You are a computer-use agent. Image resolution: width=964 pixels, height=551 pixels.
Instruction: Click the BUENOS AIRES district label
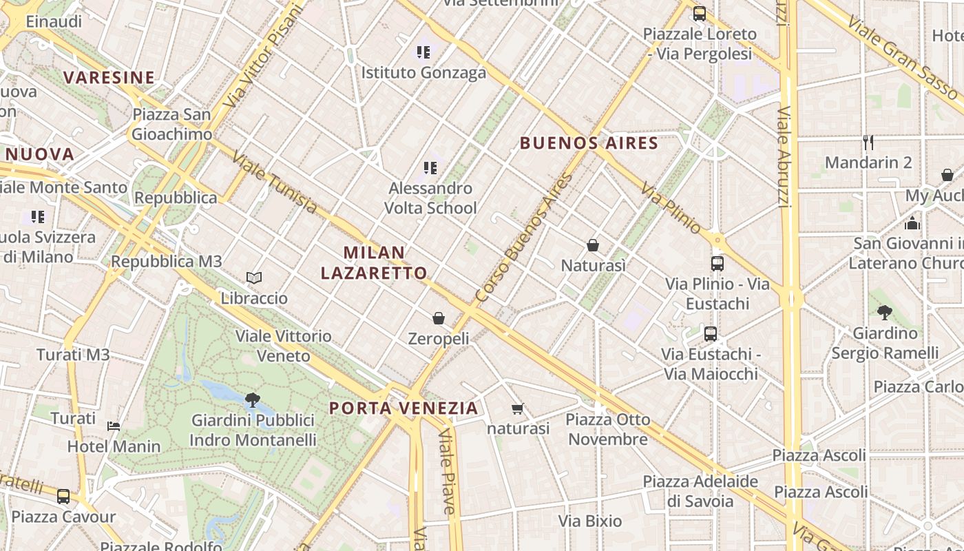coord(589,143)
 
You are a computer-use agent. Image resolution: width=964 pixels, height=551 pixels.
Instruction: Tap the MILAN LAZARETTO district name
coord(374,262)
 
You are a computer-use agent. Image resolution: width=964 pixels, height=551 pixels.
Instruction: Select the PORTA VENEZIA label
coord(404,408)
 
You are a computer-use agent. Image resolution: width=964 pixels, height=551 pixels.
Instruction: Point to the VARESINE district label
coord(109,77)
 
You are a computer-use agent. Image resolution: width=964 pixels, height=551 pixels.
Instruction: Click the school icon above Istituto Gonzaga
coord(423,52)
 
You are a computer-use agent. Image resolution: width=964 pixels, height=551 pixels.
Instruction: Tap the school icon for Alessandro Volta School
coord(430,167)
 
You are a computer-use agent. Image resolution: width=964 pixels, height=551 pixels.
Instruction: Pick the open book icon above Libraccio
coord(254,278)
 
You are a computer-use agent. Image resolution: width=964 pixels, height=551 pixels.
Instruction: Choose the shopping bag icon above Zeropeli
coord(439,318)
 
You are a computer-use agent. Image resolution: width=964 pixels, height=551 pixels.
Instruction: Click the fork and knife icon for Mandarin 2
coord(868,143)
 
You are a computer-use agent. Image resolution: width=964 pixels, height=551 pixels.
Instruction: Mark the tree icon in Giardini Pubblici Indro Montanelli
coord(253,399)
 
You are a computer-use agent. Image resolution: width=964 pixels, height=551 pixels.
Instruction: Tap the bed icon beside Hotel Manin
coord(114,426)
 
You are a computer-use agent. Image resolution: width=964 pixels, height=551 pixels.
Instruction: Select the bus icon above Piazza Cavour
coord(63,496)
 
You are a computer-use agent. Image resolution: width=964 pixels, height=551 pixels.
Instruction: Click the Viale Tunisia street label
coord(275,183)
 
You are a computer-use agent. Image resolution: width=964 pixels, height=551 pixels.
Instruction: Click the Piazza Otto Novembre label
coord(608,429)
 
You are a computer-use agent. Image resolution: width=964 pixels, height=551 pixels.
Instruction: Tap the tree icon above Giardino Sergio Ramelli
coord(885,313)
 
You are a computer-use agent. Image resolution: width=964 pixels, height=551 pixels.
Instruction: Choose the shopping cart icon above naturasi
coord(518,408)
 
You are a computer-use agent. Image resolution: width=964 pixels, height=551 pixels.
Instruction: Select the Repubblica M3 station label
coord(167,262)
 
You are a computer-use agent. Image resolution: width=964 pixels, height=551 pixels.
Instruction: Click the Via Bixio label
coord(590,521)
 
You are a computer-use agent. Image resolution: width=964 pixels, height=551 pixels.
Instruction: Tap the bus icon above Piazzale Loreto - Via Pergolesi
coord(700,13)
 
